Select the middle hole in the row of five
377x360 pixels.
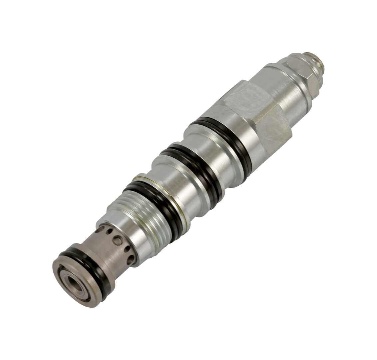click(117, 240)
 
